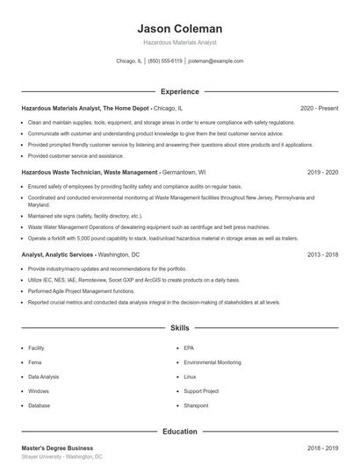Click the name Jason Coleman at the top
pyautogui.click(x=179, y=28)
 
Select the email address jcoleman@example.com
pyautogui.click(x=215, y=61)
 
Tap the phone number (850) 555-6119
pyautogui.click(x=165, y=61)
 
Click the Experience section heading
pyautogui.click(x=179, y=91)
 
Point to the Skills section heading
pyautogui.click(x=179, y=328)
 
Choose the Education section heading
pyautogui.click(x=179, y=431)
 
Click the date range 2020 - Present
pyautogui.click(x=319, y=108)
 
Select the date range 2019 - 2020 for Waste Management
pyautogui.click(x=322, y=173)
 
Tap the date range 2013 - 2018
pyautogui.click(x=322, y=254)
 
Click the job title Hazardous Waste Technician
pyautogui.click(x=61, y=173)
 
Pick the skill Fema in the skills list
pyautogui.click(x=36, y=362)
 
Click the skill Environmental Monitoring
pyautogui.click(x=212, y=362)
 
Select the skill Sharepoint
pyautogui.click(x=196, y=405)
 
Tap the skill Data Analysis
pyautogui.click(x=44, y=376)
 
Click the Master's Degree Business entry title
pyautogui.click(x=57, y=447)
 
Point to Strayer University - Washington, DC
pyautogui.click(x=61, y=457)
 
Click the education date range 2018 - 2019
pyautogui.click(x=322, y=447)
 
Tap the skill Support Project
pyautogui.click(x=201, y=390)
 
